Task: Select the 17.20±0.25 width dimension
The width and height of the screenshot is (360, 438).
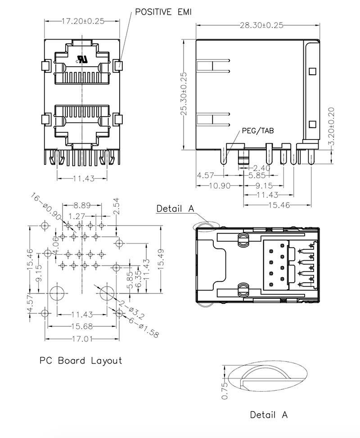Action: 83,21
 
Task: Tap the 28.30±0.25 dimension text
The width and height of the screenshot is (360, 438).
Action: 261,25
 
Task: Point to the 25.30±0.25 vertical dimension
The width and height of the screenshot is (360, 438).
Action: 184,94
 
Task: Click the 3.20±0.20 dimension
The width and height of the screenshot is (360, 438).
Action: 331,126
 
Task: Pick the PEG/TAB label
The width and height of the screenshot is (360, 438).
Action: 258,131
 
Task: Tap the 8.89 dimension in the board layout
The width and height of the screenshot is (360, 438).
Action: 82,205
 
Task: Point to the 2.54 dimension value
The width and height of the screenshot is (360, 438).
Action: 116,205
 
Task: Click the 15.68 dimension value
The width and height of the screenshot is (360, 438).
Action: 82,326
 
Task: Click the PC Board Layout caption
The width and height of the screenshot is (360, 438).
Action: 81,361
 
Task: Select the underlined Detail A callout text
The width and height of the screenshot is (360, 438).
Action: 175,208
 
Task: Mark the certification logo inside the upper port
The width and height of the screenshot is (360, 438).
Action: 82,59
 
